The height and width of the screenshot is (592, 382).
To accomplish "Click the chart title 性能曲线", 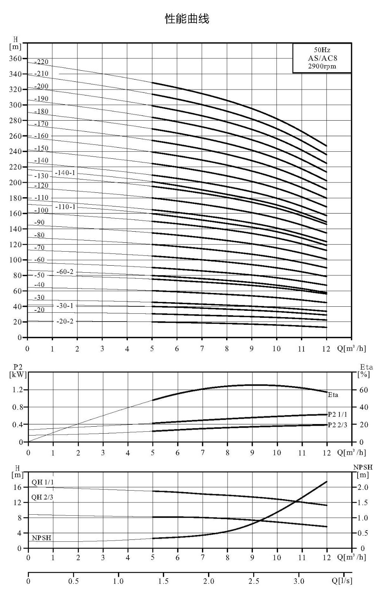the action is click(187, 19).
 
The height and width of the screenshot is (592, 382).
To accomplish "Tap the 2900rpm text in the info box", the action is click(322, 66).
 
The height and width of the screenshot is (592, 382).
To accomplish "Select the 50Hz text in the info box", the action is click(322, 50).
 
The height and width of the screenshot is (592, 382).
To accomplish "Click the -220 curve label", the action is click(41, 62).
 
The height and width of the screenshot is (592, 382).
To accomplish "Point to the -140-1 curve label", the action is click(65, 173).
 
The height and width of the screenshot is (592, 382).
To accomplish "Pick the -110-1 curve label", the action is click(65, 207).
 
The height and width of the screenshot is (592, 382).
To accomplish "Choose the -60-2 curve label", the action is click(65, 272).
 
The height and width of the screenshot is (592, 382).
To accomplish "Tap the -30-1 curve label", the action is click(65, 306).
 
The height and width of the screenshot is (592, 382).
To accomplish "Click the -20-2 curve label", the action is click(65, 322).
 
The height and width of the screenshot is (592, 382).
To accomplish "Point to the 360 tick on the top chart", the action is click(15, 58).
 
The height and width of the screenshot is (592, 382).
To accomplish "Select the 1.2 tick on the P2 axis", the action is click(18, 390).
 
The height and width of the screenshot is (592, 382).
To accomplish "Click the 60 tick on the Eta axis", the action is click(363, 390).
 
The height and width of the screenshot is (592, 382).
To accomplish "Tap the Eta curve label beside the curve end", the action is click(333, 395).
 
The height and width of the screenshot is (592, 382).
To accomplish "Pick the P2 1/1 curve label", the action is click(338, 414).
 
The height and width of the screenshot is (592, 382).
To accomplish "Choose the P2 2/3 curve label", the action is click(338, 425).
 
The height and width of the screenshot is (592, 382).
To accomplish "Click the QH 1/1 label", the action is click(43, 482).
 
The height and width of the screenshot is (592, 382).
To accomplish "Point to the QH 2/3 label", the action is click(42, 497).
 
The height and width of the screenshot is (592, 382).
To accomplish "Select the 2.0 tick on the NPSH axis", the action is click(363, 487).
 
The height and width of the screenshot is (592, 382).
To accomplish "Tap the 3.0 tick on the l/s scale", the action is click(299, 581).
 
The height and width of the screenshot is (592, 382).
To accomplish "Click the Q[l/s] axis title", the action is click(342, 581).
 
